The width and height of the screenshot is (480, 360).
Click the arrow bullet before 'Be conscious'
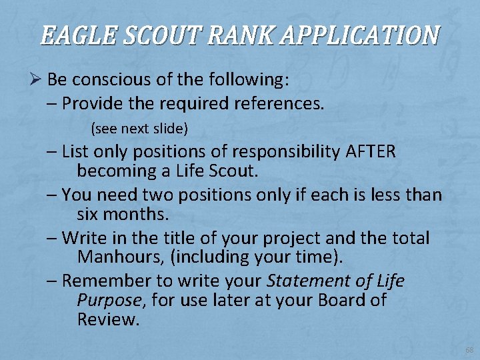(x=36, y=81)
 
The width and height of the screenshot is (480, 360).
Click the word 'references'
(x=277, y=103)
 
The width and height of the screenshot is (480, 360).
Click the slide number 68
(x=469, y=350)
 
